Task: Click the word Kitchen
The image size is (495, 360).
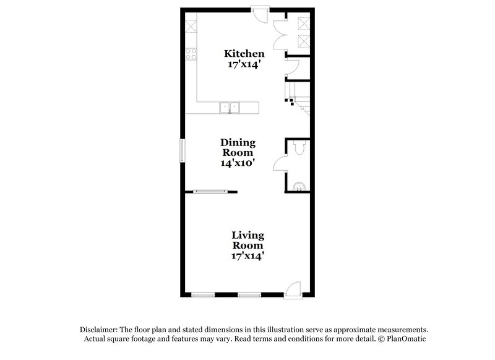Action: point(244,54)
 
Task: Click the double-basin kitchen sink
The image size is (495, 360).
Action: point(231,108)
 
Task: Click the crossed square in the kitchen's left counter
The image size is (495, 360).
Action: point(191,27)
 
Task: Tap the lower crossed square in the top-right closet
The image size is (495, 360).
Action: point(303,41)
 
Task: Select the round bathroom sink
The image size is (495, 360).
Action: point(299,185)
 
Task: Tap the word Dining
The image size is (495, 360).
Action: point(238,143)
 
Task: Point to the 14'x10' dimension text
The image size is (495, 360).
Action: point(238,163)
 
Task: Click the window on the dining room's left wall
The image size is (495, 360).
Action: point(182,150)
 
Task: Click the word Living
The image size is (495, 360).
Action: point(248,235)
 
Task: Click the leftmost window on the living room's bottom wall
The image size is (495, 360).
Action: point(202,294)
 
